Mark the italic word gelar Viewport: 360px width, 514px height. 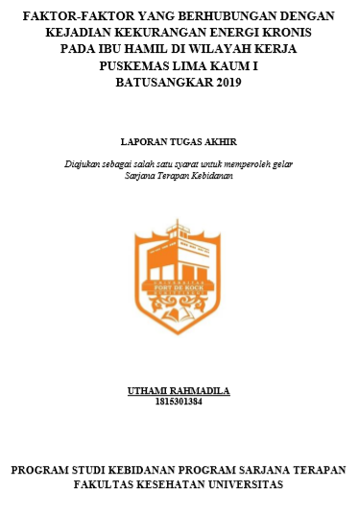coord(283,163)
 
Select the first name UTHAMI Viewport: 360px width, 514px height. coord(149,391)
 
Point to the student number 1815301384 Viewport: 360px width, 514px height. coord(179,402)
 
